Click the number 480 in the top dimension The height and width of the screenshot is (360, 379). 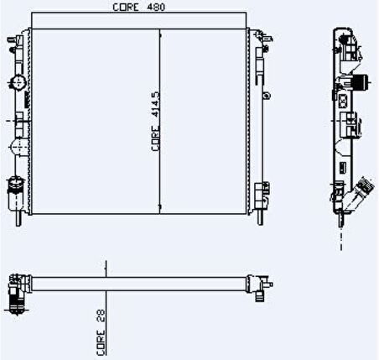pos(150,8)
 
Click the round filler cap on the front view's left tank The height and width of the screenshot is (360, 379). pos(17,81)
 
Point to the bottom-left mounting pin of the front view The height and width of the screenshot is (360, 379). pos(18,219)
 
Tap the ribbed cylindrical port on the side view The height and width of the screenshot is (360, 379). pos(359,82)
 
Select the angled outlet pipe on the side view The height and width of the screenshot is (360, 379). pos(362,192)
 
